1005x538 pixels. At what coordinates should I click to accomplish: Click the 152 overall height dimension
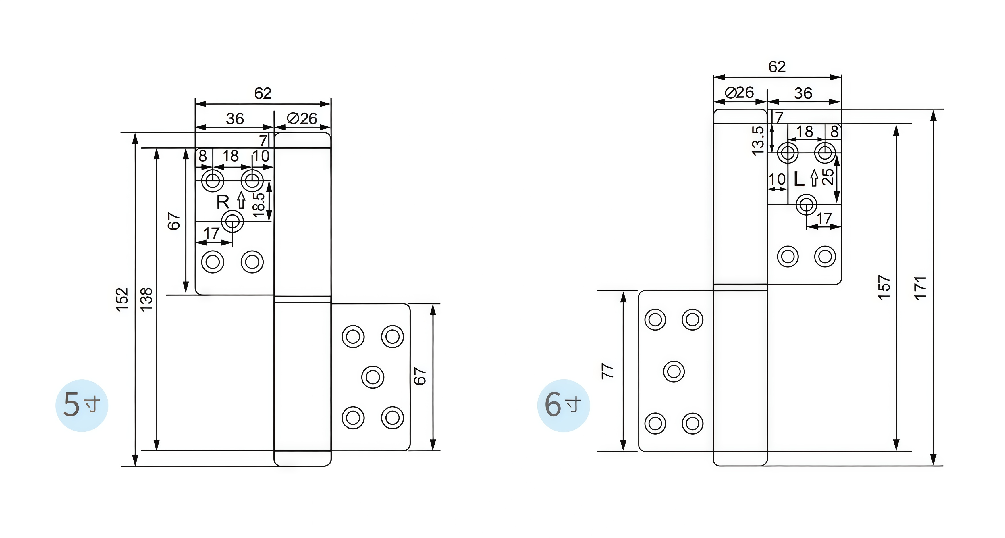click(122, 299)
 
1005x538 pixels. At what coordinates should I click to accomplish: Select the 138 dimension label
click(146, 299)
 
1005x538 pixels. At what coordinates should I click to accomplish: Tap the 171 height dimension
click(920, 288)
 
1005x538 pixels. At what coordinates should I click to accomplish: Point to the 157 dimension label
click(884, 288)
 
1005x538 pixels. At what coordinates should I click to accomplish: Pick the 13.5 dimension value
click(758, 141)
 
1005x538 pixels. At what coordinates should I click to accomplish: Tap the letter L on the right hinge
click(799, 179)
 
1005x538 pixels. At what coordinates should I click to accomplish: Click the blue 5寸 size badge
click(82, 405)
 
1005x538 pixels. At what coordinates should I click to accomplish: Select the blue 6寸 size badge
click(563, 405)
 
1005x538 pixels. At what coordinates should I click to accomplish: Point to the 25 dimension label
click(828, 176)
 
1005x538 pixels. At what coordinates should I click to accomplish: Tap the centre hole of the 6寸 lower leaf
click(674, 371)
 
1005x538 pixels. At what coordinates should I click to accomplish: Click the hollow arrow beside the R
click(241, 200)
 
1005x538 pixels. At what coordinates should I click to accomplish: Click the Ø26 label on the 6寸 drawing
click(739, 93)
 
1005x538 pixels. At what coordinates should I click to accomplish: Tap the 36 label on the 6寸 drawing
click(803, 93)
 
